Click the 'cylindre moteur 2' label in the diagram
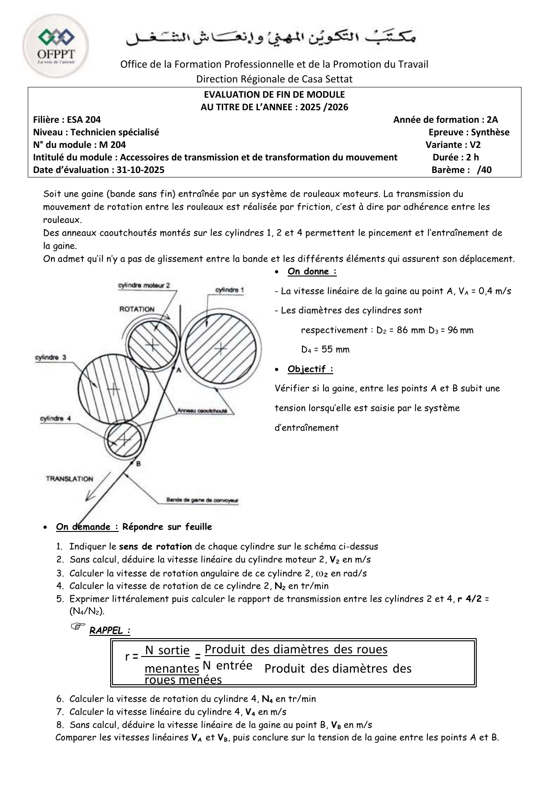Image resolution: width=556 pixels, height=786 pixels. [144, 285]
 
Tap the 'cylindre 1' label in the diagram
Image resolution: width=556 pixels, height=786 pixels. [229, 290]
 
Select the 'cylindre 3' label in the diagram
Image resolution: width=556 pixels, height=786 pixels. [51, 358]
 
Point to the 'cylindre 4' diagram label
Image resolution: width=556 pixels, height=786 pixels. [56, 419]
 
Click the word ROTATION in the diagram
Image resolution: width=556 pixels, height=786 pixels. [137, 309]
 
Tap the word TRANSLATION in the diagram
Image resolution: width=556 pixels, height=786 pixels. [69, 479]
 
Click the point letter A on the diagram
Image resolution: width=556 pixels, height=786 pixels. [178, 370]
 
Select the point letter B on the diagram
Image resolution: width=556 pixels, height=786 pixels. [138, 464]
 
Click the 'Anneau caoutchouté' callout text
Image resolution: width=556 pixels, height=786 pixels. [202, 410]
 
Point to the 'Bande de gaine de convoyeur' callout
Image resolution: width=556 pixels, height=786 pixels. [202, 500]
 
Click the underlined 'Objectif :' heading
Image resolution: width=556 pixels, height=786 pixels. [310, 369]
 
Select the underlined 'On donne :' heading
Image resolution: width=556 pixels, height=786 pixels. [312, 271]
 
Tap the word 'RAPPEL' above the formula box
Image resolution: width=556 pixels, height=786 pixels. [107, 631]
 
